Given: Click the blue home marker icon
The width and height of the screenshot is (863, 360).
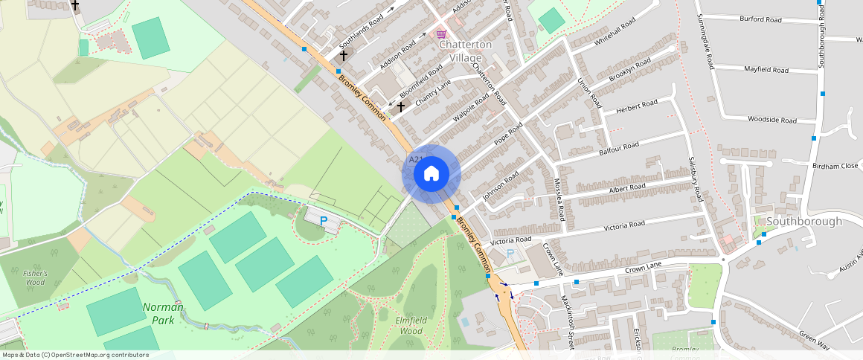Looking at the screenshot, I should click(431, 174).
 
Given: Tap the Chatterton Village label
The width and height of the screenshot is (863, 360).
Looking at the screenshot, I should click(466, 51).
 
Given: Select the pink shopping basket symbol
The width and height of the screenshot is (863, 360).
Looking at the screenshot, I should click(441, 33).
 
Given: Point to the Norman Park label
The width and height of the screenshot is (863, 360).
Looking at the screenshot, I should click(163, 313).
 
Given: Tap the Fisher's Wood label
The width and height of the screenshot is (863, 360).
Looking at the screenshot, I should click(35, 277).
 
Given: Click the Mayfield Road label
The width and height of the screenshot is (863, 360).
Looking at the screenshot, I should click(766, 70).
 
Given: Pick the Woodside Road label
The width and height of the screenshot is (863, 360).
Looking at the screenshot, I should click(772, 120).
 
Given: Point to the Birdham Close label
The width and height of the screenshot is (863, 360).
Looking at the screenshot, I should click(836, 167).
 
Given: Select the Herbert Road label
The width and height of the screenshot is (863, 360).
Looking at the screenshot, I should click(638, 106).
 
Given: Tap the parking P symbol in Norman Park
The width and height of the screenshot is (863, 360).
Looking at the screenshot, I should click(323, 221).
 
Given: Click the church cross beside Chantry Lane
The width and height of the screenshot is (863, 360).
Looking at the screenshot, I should click(400, 107).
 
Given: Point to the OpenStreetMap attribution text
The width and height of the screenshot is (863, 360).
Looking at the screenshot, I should click(74, 355).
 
